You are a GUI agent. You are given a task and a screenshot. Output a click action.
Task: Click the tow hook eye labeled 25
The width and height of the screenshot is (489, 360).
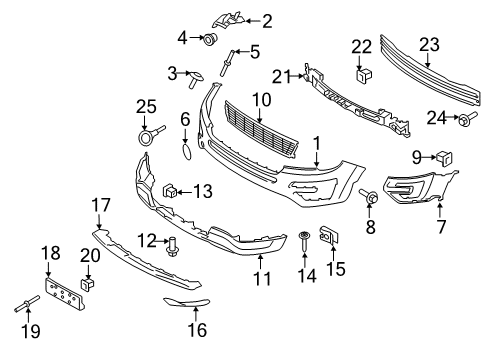(147, 136)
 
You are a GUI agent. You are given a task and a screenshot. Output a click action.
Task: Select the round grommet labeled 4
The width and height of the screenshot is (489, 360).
(209, 40)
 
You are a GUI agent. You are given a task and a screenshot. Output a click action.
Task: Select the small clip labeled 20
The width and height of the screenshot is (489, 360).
(88, 284)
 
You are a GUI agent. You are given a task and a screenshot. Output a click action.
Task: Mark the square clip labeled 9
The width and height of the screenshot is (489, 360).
(441, 156)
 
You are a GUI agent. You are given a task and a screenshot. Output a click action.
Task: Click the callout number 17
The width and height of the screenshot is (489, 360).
(101, 205)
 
